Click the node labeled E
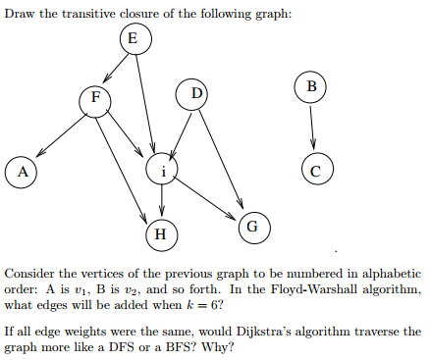[134, 40]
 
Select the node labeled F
[94, 99]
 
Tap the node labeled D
[195, 95]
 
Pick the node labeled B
[310, 87]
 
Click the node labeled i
[163, 170]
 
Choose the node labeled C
[314, 169]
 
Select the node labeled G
[252, 226]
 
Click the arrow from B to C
[312, 128]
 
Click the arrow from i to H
[162, 202]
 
